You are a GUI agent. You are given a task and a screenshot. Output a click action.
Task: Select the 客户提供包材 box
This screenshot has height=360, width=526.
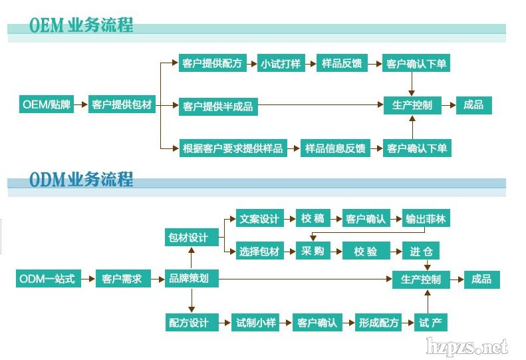(x=122, y=104)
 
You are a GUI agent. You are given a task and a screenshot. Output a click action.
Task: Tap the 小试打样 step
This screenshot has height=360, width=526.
(x=281, y=64)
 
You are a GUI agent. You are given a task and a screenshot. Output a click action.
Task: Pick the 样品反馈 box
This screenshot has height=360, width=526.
(x=341, y=64)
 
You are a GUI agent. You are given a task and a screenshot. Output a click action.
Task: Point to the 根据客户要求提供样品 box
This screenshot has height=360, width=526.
(x=232, y=148)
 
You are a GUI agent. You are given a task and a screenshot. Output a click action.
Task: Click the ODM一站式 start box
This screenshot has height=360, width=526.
(x=49, y=279)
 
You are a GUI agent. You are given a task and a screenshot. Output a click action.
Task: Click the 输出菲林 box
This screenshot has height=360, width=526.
(x=426, y=218)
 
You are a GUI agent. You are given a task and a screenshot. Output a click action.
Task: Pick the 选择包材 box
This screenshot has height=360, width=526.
(x=259, y=252)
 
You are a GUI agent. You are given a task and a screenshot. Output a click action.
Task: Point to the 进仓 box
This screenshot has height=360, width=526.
(x=421, y=252)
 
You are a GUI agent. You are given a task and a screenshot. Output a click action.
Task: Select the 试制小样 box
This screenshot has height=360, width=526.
(x=255, y=323)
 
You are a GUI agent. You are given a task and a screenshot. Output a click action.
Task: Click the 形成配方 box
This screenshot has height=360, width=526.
(x=378, y=323)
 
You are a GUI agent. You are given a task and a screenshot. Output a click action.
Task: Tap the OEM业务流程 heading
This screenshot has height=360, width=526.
(x=81, y=25)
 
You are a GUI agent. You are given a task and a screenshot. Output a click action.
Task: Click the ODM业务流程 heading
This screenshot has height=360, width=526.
(x=81, y=179)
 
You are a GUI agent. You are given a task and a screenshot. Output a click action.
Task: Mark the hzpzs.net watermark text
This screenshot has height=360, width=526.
(x=468, y=347)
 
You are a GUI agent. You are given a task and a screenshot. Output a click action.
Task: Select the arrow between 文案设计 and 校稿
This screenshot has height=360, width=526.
(x=289, y=218)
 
